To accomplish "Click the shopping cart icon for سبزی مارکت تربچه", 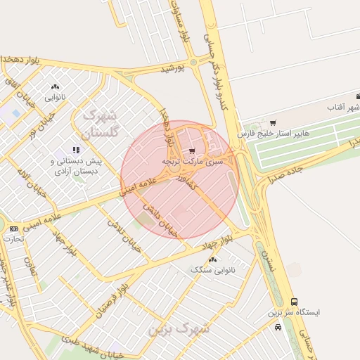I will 193,150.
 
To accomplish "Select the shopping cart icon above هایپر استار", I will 273,123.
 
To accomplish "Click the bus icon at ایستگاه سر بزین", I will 294,302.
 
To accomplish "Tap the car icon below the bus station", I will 278,326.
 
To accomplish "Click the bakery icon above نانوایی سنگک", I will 212,259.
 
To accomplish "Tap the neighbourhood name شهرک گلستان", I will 103,122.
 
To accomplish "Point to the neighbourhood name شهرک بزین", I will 179,327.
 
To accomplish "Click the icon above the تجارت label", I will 13,229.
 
